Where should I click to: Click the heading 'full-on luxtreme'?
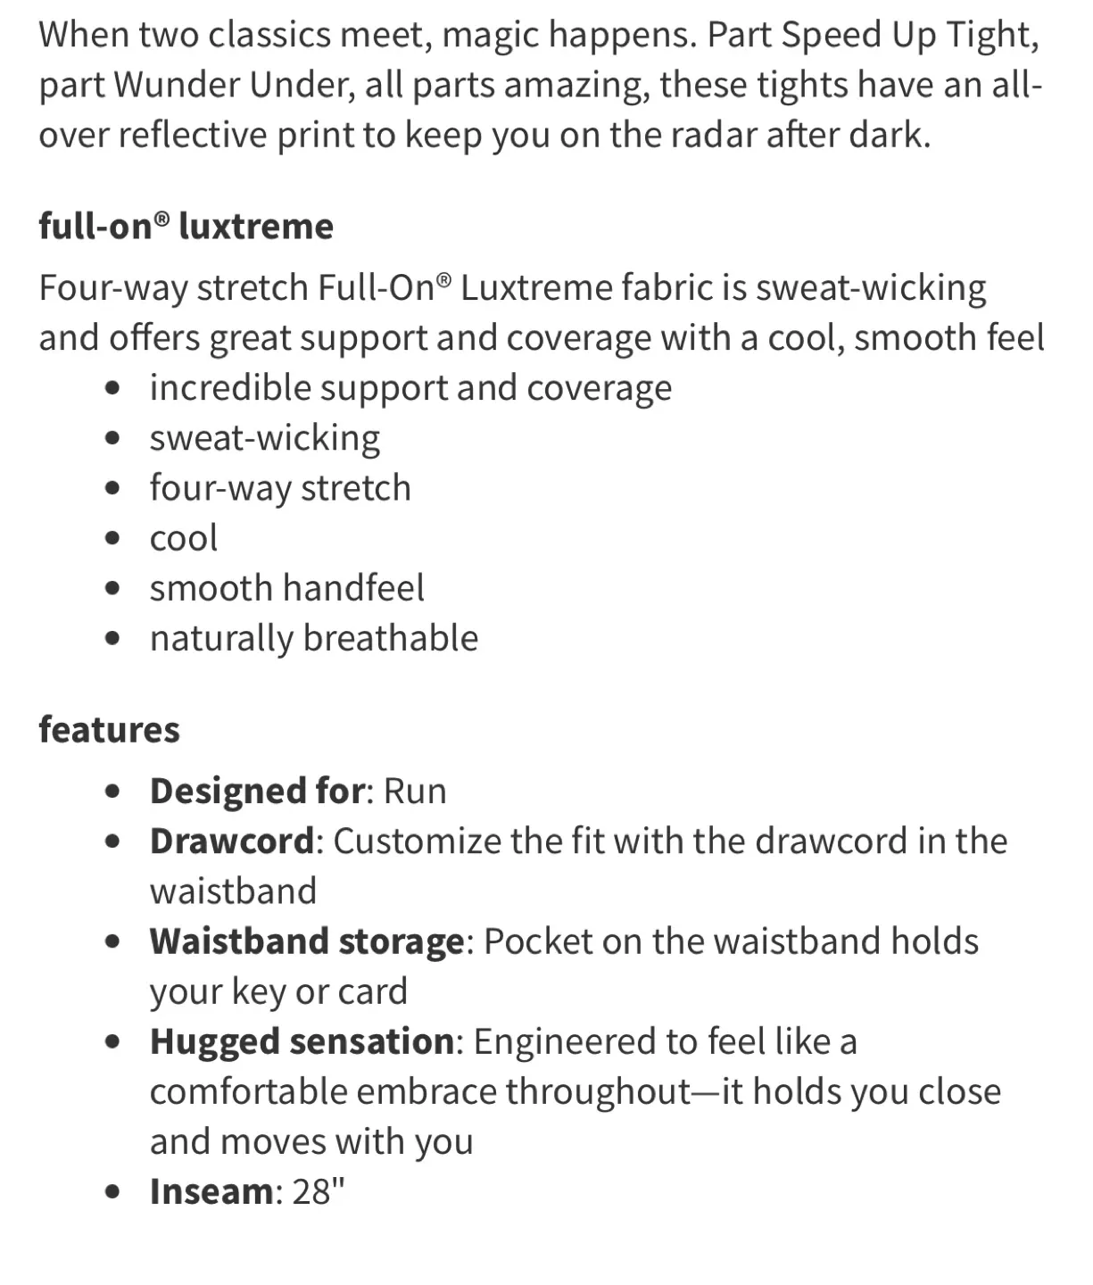coord(186,227)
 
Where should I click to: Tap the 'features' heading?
coord(109,730)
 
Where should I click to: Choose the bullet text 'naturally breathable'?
coord(313,638)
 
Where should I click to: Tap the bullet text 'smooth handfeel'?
coord(286,588)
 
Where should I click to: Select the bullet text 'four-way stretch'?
coord(280,488)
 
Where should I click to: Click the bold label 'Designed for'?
coord(257,792)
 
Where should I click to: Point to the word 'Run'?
coord(415,792)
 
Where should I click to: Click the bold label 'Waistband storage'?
coord(307,941)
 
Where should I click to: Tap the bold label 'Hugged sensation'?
coord(302,1041)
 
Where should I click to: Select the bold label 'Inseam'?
coord(211,1191)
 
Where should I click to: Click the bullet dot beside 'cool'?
coord(112,538)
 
